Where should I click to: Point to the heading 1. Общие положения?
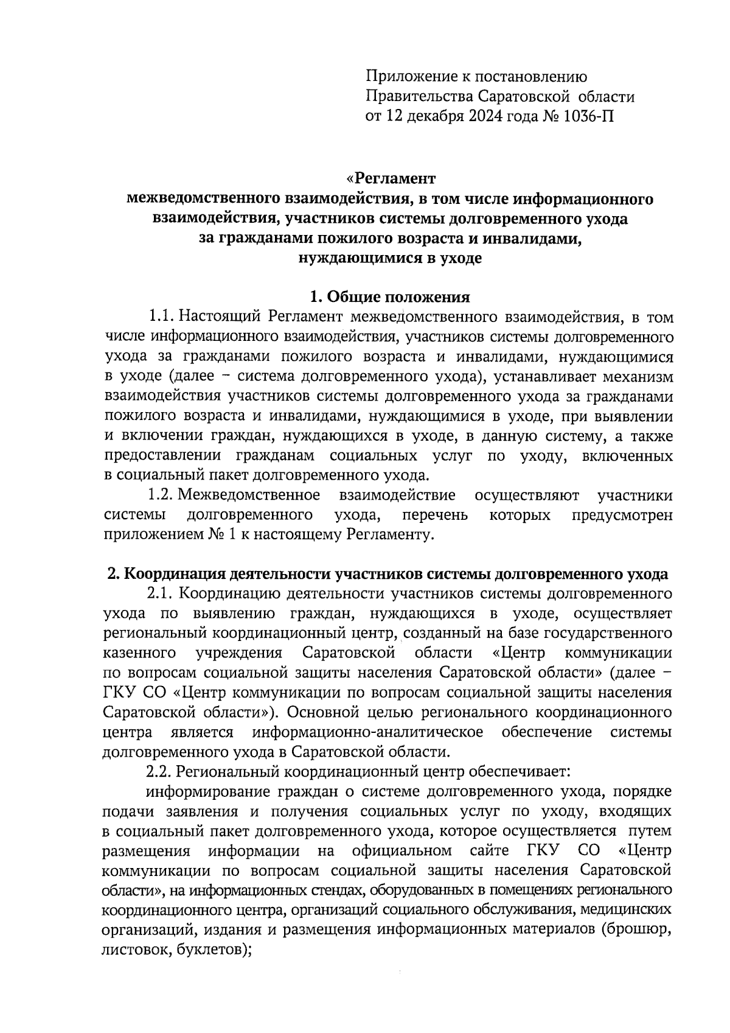click(390, 297)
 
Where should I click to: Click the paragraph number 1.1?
click(160, 317)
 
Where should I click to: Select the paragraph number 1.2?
click(160, 495)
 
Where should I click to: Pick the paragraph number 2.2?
click(160, 772)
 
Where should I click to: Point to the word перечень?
click(434, 515)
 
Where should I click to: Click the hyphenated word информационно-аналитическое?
click(368, 732)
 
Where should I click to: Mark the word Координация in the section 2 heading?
click(172, 574)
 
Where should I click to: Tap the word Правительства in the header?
click(419, 96)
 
